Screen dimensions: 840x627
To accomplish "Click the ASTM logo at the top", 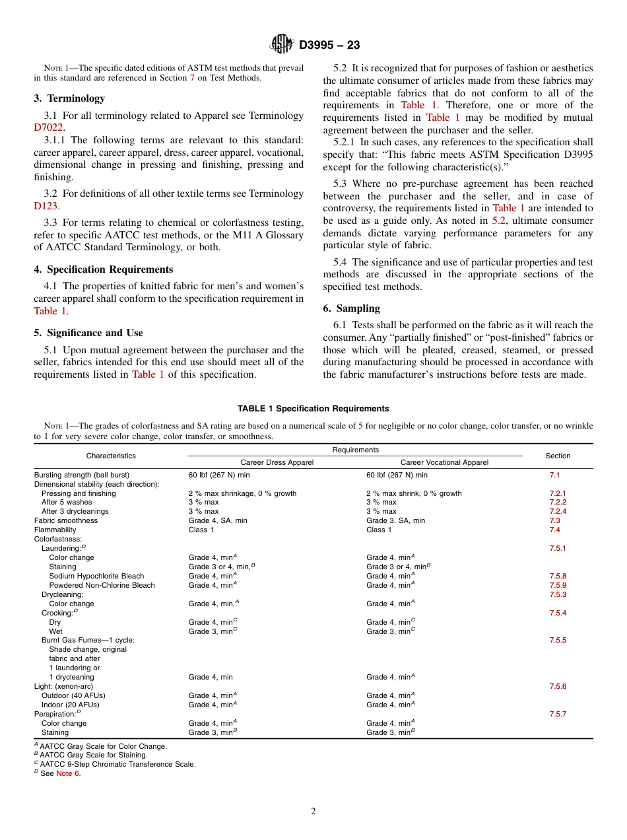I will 282,44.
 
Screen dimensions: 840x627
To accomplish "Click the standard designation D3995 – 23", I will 329,45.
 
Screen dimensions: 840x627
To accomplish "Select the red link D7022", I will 48,127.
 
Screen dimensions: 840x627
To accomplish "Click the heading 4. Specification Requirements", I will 103,269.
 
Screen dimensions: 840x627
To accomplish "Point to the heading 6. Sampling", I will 351,308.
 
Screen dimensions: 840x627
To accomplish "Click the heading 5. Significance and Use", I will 88,333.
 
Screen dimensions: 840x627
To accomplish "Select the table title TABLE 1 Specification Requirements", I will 313,409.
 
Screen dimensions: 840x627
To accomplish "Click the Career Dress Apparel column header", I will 277,462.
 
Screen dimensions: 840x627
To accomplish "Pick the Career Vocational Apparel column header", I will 444,462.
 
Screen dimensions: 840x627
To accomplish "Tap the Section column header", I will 558,456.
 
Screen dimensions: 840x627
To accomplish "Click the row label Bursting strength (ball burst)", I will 82,475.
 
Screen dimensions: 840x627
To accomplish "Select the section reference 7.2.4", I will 558,511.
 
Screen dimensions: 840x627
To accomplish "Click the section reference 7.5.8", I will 558,576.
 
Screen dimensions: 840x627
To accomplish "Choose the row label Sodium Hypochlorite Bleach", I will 96,576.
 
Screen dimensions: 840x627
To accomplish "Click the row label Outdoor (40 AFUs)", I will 73,695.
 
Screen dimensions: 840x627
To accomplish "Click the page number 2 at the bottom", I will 313,812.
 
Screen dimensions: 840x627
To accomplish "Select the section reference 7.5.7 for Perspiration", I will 558,714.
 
